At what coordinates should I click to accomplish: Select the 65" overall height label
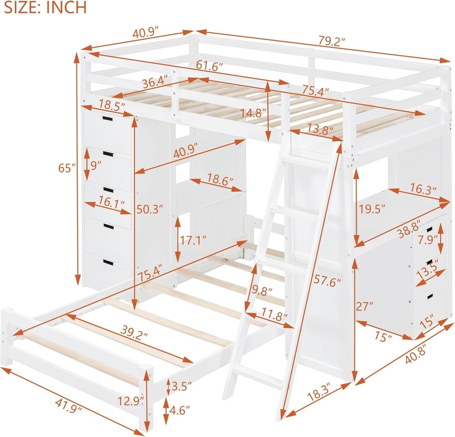[67, 168]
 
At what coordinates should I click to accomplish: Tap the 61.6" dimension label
[209, 66]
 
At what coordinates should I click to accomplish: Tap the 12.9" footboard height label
[131, 401]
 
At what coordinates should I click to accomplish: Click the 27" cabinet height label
[364, 306]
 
